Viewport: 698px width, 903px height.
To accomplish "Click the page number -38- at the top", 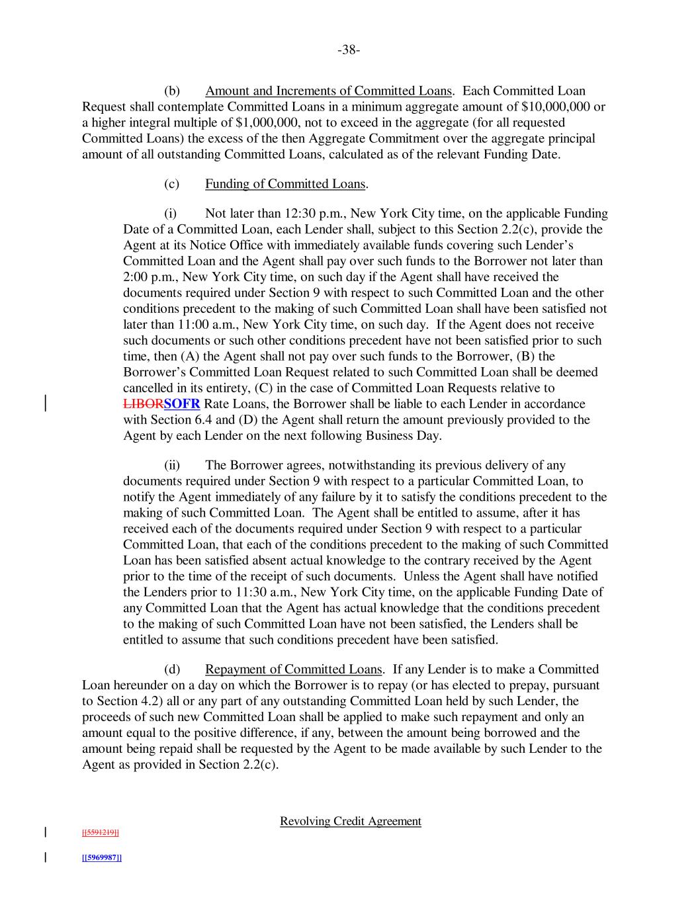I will click(x=349, y=50).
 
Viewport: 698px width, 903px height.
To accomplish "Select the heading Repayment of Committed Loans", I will click(x=293, y=669).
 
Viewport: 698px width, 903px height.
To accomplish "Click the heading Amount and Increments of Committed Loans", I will click(x=328, y=91).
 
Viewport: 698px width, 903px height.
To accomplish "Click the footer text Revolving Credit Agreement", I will click(x=350, y=821).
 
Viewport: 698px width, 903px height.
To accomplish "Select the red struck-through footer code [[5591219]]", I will click(x=101, y=832).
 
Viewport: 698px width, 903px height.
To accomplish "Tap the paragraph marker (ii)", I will click(x=172, y=465).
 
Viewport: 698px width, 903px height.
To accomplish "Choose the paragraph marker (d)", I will click(x=172, y=669).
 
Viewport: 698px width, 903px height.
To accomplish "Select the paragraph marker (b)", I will click(x=172, y=91).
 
